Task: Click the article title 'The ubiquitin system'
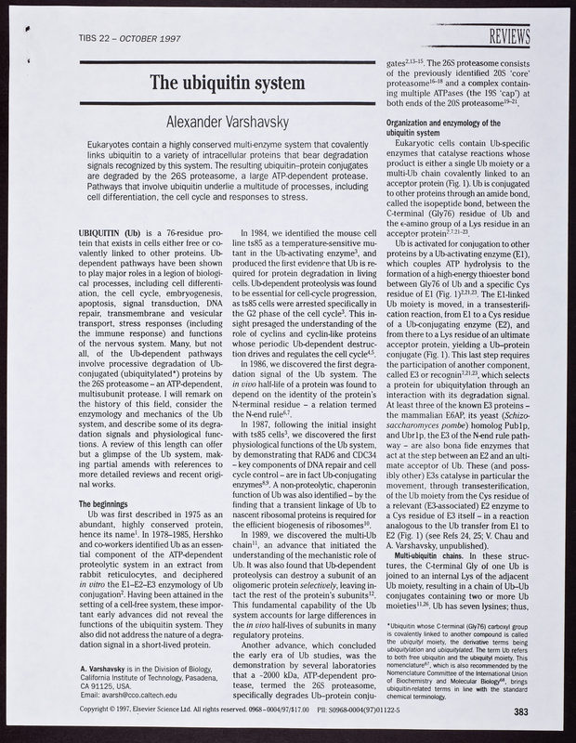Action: [x=229, y=84]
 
